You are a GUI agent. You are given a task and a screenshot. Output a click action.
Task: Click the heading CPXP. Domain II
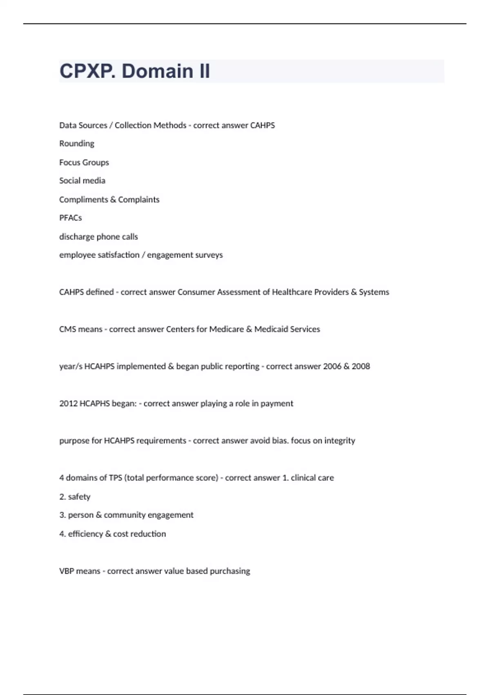coord(135,71)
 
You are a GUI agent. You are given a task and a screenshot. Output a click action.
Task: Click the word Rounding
coord(77,143)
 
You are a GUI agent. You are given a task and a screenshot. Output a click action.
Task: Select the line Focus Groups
coord(84,162)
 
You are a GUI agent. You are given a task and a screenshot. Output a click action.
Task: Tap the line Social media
coord(82,181)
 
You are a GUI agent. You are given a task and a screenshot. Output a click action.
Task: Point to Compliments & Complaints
coord(109,200)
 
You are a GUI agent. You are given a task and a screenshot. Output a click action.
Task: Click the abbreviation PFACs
coord(71,218)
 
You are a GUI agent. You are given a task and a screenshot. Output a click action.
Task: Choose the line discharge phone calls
coord(98,237)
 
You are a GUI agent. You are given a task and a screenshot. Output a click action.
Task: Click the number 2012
coord(68,404)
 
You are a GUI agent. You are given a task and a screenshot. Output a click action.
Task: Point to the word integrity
coord(340,441)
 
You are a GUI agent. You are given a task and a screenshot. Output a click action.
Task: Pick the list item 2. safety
coord(75,497)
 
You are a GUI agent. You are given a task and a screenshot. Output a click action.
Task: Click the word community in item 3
coord(125,515)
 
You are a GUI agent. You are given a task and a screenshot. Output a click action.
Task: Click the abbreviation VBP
coord(67,571)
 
